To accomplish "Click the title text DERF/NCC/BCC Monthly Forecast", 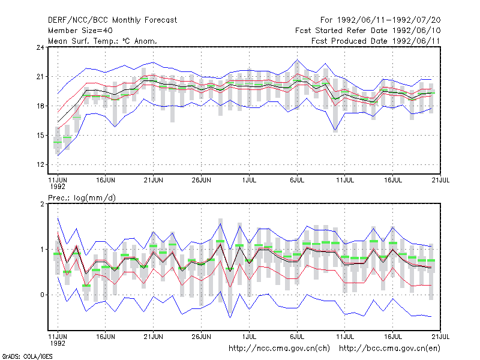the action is pos(112,20).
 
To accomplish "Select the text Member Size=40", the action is pos(80,31).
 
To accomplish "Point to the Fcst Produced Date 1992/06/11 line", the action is pos(376,41).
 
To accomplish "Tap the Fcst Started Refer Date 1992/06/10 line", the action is pos(368,31).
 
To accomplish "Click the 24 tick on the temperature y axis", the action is pos(40,47).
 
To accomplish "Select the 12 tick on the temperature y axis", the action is pos(40,164).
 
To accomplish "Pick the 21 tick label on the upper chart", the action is pos(40,77).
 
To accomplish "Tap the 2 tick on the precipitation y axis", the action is pos(42,204).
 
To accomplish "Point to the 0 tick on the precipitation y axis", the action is pos(42,295).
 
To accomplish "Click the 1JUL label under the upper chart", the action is pos(249,180).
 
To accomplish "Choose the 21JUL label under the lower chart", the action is pos(440,337).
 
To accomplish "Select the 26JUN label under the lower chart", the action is pos(201,337).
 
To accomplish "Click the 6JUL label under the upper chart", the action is pos(297,180).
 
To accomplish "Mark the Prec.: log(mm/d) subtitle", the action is pos(82,198).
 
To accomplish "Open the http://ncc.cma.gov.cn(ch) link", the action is pos(279,349).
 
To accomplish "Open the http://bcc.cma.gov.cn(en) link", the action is pos(389,349).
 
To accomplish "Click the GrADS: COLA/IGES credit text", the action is pos(27,356).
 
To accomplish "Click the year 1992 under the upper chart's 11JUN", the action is pos(58,187).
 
